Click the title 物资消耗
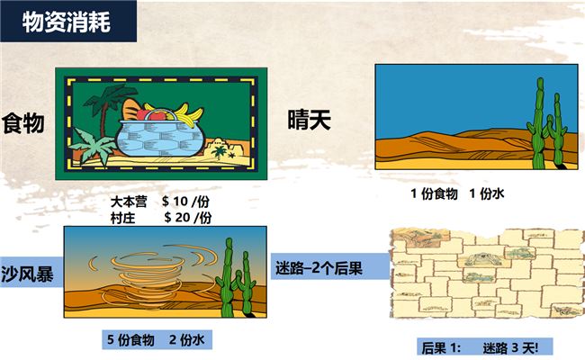coord(67,22)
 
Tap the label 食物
coord(23,123)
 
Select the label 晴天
coord(310,120)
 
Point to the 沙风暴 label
coord(27,274)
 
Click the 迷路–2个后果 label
coord(319,268)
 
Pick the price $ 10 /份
coord(185,202)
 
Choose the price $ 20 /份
coord(188,217)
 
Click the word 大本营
coord(129,202)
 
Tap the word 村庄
coord(122,218)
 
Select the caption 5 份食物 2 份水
coord(156,339)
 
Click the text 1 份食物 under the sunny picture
coord(434,193)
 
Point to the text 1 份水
coord(487,193)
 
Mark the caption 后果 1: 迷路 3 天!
coord(481,348)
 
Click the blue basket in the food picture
coord(160,138)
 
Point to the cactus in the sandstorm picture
coord(236,278)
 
